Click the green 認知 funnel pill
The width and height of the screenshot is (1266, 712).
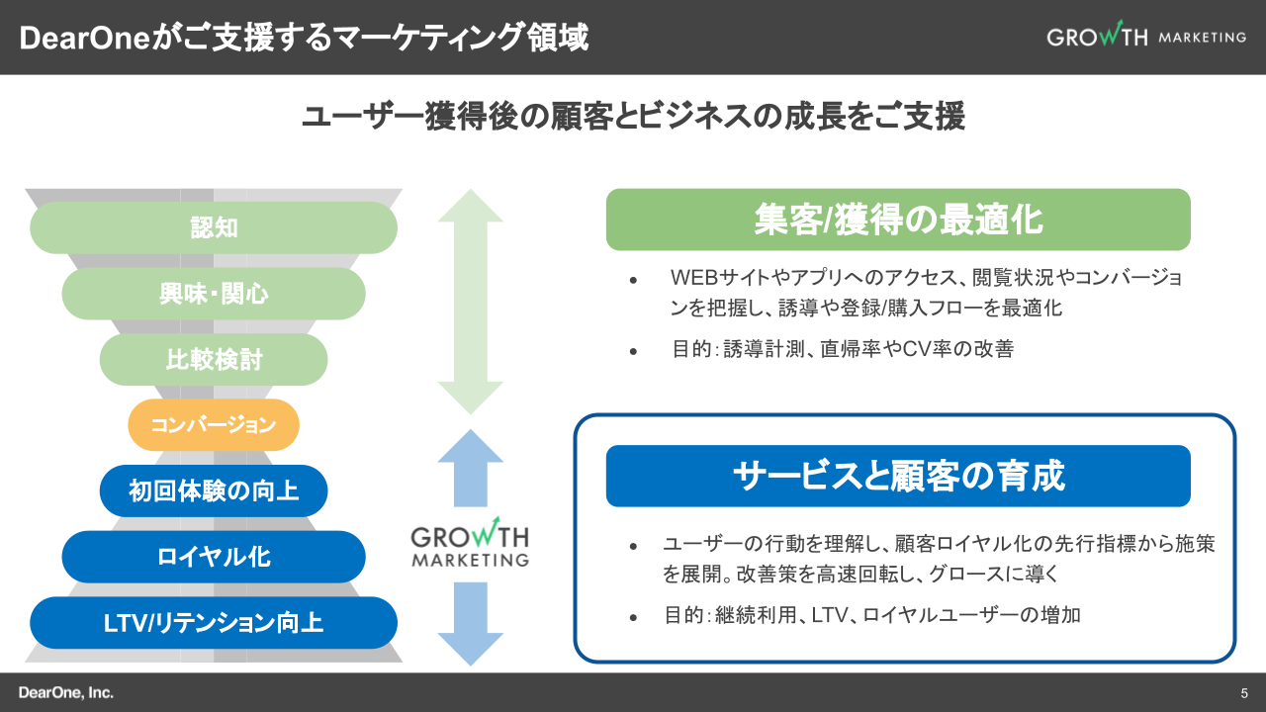(214, 227)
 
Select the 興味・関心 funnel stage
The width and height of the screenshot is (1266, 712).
(214, 294)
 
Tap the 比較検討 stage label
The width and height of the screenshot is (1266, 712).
(214, 359)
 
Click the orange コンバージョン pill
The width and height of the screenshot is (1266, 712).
(214, 425)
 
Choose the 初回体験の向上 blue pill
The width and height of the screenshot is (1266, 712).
(214, 490)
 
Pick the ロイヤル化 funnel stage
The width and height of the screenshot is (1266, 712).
(214, 557)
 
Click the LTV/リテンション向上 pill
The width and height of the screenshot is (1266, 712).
(214, 623)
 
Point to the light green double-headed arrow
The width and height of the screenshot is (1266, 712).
(471, 302)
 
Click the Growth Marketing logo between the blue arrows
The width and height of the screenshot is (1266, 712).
(470, 544)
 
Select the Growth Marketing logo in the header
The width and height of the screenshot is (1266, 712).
(1146, 36)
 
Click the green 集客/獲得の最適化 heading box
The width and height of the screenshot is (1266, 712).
(898, 220)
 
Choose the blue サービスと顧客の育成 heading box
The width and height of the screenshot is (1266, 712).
(898, 476)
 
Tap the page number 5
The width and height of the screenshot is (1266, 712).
(1244, 692)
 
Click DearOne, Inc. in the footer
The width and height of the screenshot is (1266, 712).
(66, 692)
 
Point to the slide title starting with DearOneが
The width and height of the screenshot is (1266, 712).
(304, 38)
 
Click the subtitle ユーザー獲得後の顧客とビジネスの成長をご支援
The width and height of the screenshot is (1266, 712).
(633, 116)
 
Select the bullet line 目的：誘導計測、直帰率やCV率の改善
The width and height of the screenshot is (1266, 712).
(842, 349)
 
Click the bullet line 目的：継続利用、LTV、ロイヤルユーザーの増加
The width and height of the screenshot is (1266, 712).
(871, 615)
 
